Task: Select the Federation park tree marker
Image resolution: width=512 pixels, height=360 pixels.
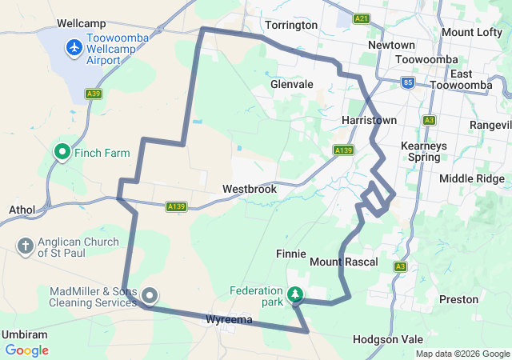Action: (x=295, y=295)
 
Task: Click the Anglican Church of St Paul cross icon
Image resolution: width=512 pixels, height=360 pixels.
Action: (x=25, y=246)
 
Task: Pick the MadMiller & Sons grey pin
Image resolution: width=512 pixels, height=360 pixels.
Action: (x=150, y=297)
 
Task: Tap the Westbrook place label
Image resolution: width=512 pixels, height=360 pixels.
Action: (x=250, y=190)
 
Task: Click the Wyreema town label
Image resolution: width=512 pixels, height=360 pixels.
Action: (x=229, y=320)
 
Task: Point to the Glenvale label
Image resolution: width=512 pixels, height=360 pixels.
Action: (x=291, y=84)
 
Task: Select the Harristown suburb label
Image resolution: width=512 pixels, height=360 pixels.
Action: (x=369, y=120)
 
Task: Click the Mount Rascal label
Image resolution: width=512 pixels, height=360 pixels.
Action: (x=343, y=262)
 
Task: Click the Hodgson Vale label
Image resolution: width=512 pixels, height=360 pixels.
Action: (x=386, y=339)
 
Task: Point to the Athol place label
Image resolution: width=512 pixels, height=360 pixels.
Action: (x=22, y=210)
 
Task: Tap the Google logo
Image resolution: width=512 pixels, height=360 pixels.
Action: (x=26, y=350)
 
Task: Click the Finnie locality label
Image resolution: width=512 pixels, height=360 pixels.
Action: (x=290, y=254)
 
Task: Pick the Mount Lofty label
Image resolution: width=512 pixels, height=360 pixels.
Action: (x=470, y=32)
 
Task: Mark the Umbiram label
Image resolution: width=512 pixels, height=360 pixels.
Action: (x=25, y=334)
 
